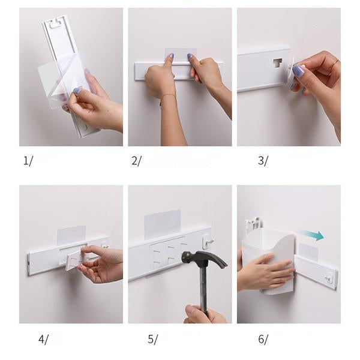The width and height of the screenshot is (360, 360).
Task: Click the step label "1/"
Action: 28,160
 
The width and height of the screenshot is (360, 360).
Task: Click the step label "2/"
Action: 137,160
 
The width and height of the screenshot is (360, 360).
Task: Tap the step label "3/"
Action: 263,160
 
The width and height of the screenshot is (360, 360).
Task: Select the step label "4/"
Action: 43,339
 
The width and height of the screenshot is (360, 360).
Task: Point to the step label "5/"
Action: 152,339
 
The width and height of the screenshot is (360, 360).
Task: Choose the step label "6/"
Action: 263,339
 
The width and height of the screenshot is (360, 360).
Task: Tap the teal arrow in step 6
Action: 313,236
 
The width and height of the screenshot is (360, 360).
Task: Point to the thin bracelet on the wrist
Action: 168,97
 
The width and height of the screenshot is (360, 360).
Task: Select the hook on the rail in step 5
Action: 208,242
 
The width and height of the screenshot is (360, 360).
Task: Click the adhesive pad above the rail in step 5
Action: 163,222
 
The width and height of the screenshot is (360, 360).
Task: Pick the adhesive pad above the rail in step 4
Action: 71,235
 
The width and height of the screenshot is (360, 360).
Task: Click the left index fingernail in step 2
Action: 171,55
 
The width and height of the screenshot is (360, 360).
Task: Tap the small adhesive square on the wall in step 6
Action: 308,250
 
